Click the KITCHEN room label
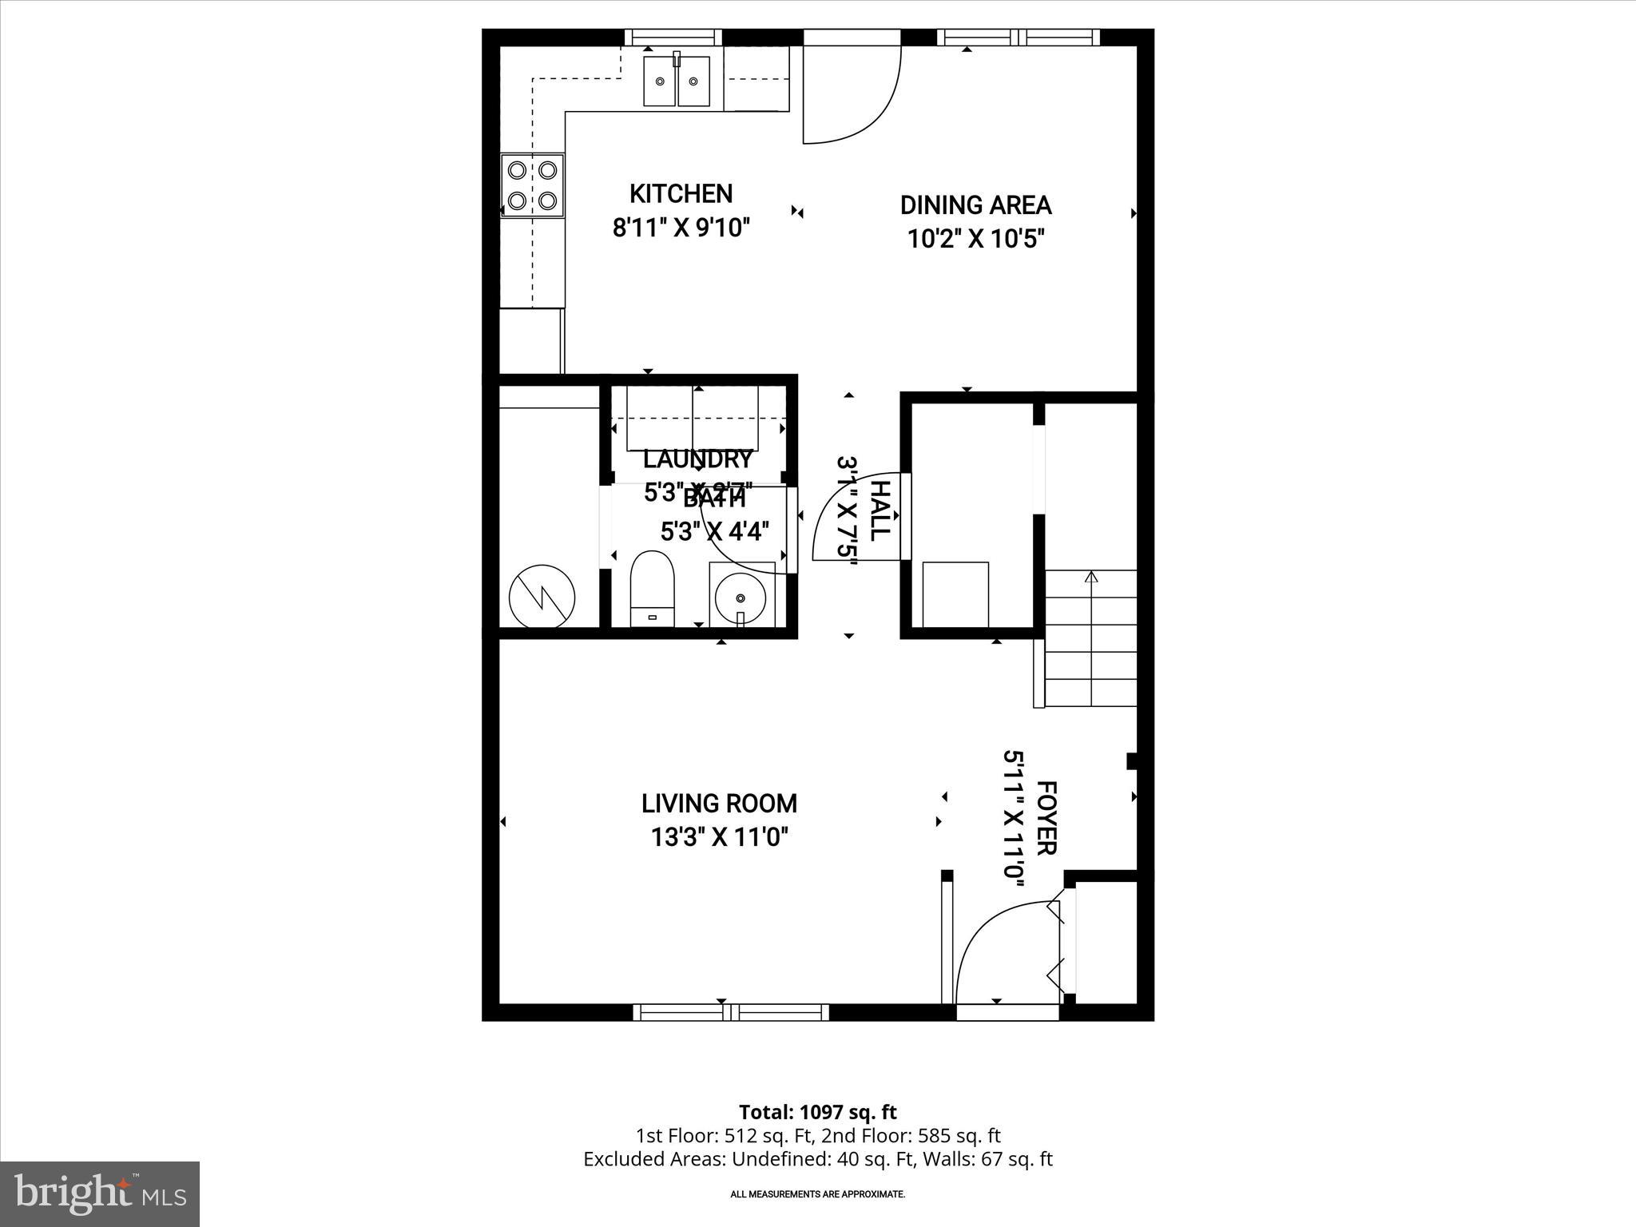(x=681, y=193)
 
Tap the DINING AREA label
(x=975, y=205)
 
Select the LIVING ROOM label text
(x=719, y=803)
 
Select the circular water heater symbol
(x=542, y=596)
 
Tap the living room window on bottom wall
(x=731, y=1012)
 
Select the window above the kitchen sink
(x=673, y=38)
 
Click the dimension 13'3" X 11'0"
(x=719, y=837)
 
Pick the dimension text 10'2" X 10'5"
(x=975, y=239)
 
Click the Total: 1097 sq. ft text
(x=817, y=1112)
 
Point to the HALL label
(x=879, y=511)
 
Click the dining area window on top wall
(x=1018, y=38)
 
